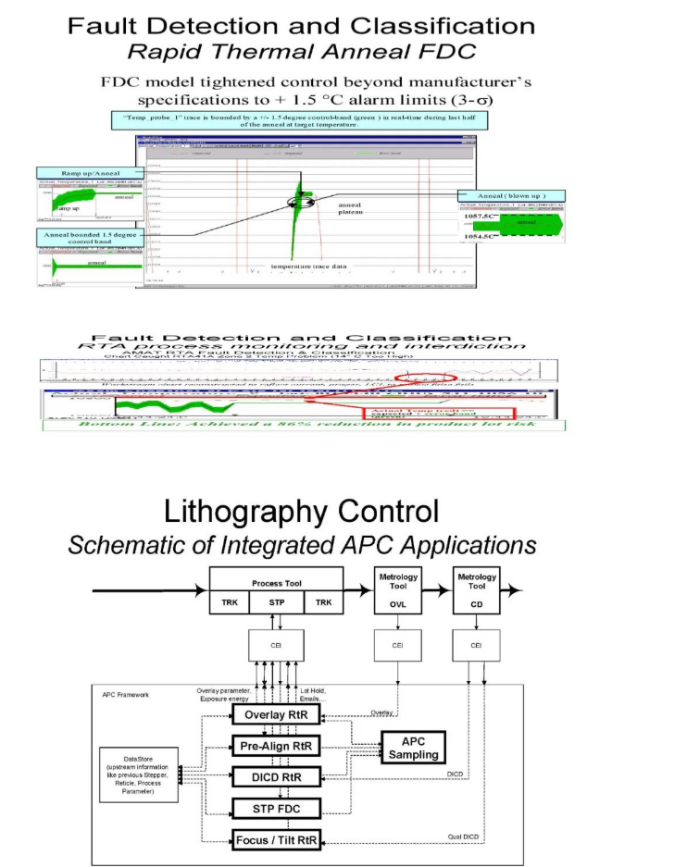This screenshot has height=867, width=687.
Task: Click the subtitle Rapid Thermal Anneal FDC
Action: pyautogui.click(x=300, y=53)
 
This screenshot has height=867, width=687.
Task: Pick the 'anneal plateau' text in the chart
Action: pyautogui.click(x=351, y=209)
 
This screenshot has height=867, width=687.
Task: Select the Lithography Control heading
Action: pyautogui.click(x=301, y=512)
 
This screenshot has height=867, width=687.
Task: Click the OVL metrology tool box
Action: pyautogui.click(x=398, y=592)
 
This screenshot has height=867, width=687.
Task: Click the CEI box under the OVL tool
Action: pyautogui.click(x=398, y=645)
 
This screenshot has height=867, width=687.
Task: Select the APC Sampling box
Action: pyautogui.click(x=413, y=748)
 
